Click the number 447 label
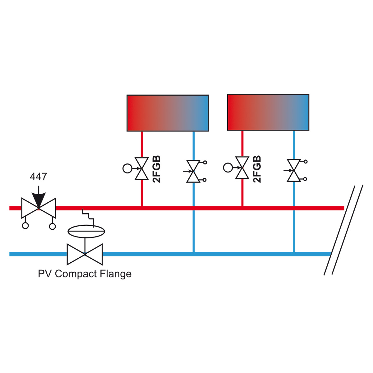point(38,177)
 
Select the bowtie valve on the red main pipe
point(39,208)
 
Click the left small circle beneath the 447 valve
point(25,226)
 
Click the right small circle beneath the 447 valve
point(53,226)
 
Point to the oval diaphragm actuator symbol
point(86,231)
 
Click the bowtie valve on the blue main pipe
point(85,254)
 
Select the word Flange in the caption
point(116,274)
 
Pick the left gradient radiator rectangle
point(168,113)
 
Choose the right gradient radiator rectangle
point(268,112)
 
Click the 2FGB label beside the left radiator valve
point(157,169)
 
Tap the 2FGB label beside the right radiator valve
point(257,169)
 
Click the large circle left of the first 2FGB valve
point(127,168)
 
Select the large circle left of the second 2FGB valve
point(228,168)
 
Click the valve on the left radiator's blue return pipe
point(194,171)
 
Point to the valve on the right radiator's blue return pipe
point(294,170)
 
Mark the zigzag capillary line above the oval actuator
point(88,218)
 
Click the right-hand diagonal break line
point(348,230)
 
